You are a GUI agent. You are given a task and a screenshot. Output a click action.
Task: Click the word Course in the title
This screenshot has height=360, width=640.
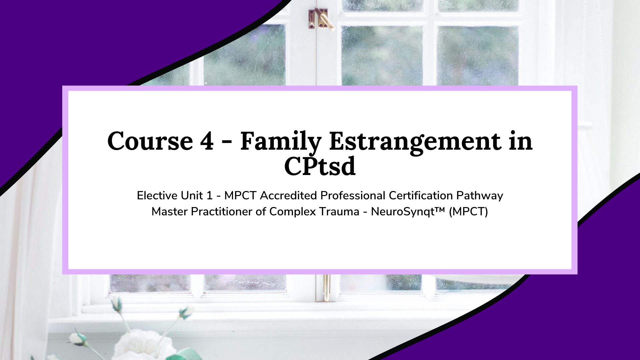(150, 141)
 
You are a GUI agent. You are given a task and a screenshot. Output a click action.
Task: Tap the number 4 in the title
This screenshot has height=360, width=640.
(207, 141)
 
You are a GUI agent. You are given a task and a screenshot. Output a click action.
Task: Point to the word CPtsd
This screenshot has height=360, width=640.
(320, 166)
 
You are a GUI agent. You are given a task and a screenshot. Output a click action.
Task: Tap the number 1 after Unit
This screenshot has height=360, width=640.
(209, 196)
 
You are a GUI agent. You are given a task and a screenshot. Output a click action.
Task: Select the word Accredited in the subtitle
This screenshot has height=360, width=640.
(288, 195)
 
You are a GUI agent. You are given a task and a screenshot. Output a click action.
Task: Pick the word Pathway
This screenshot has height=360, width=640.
(480, 196)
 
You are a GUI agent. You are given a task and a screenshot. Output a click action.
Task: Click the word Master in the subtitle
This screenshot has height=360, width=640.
(169, 211)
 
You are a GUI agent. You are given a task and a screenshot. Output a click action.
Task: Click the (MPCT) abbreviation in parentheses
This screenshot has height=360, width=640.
(468, 212)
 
